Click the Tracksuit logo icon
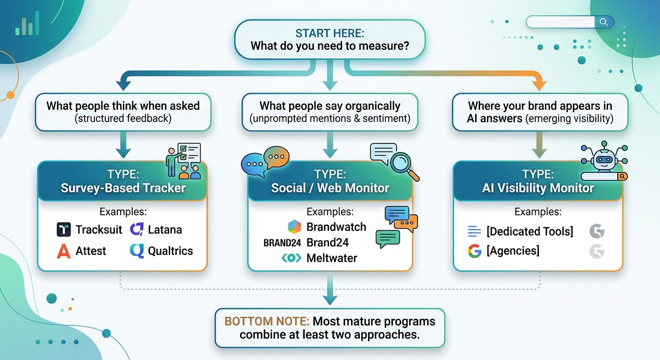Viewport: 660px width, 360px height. click(63, 230)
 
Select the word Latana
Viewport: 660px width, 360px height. click(165, 230)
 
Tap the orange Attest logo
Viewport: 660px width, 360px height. click(63, 251)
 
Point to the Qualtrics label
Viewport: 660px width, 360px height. click(170, 251)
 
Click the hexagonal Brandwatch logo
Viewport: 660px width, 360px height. click(294, 227)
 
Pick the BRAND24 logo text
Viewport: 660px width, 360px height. click(282, 243)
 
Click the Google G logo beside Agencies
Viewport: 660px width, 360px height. click(474, 251)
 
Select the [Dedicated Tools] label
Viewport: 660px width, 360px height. click(530, 231)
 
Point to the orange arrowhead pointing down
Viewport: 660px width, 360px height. click(540, 85)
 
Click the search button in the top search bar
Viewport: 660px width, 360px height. click(604, 22)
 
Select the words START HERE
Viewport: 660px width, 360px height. click(330, 33)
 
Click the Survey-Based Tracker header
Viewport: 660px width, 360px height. click(123, 181)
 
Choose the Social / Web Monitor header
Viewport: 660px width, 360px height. click(330, 181)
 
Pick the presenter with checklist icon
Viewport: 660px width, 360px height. click(184, 161)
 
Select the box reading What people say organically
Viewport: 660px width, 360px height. click(330, 112)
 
